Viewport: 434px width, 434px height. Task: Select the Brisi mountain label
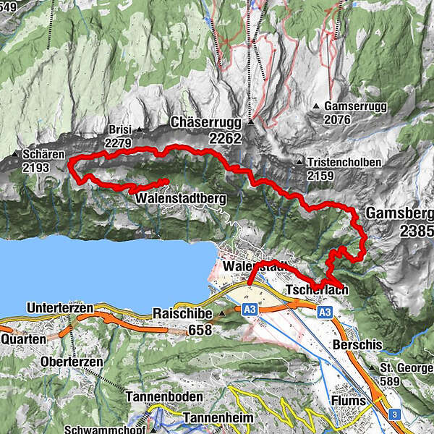(x=119, y=129)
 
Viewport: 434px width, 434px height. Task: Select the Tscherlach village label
(x=318, y=290)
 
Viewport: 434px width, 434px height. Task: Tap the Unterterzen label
(x=60, y=308)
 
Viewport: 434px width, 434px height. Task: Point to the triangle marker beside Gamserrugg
(x=317, y=106)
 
